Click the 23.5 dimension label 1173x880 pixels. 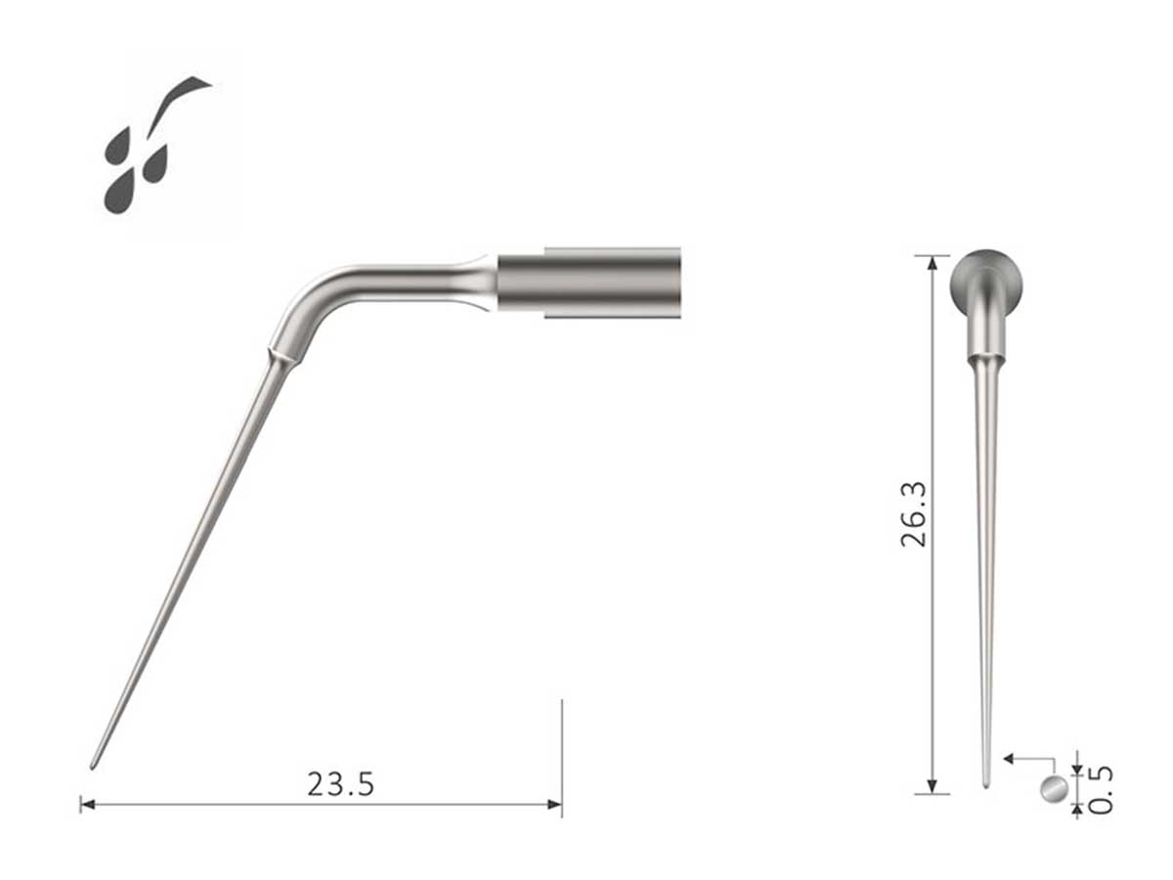click(340, 784)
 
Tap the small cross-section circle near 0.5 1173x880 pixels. click(1053, 788)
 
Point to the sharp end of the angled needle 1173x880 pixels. click(93, 765)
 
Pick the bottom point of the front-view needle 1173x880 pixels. click(986, 783)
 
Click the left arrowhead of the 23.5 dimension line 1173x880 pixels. click(86, 805)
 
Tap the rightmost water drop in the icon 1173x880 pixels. click(156, 164)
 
